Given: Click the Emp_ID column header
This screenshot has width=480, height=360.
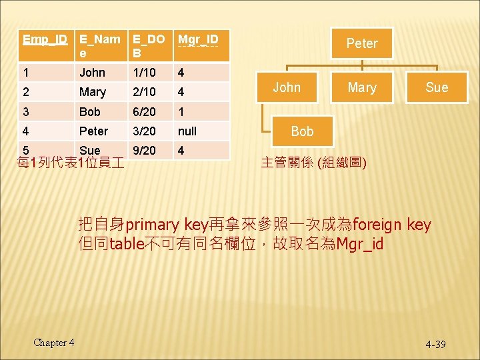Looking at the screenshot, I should click(x=45, y=39).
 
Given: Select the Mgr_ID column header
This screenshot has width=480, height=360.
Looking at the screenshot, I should click(x=197, y=39).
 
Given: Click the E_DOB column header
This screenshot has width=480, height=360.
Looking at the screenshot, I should click(x=148, y=45).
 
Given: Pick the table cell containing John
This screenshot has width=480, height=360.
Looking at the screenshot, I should click(x=92, y=72).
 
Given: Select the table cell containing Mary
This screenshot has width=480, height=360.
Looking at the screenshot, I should click(x=92, y=92).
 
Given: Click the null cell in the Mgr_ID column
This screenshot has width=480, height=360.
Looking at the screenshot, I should click(x=187, y=131).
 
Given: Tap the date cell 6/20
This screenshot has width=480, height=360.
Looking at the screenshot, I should click(x=143, y=111).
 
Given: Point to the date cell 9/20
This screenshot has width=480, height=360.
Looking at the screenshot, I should click(x=143, y=151).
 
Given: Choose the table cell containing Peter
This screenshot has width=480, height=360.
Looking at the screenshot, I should click(x=93, y=131).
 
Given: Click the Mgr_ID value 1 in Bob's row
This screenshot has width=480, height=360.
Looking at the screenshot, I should click(x=181, y=111).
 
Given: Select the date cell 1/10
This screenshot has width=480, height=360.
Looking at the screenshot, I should click(x=143, y=72).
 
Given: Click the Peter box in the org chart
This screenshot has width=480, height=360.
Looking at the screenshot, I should click(x=362, y=43).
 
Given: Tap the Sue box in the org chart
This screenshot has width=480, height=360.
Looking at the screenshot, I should click(x=437, y=87).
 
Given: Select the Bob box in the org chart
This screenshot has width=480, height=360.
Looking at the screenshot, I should click(x=302, y=131).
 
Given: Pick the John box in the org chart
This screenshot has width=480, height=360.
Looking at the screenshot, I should click(x=287, y=87).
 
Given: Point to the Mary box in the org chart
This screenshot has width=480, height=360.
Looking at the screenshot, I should click(x=362, y=87).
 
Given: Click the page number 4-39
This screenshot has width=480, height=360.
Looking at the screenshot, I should click(x=435, y=344).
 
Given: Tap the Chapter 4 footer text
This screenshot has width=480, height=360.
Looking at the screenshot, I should click(x=54, y=343).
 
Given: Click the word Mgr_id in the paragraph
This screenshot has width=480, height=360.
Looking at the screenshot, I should click(x=360, y=244).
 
